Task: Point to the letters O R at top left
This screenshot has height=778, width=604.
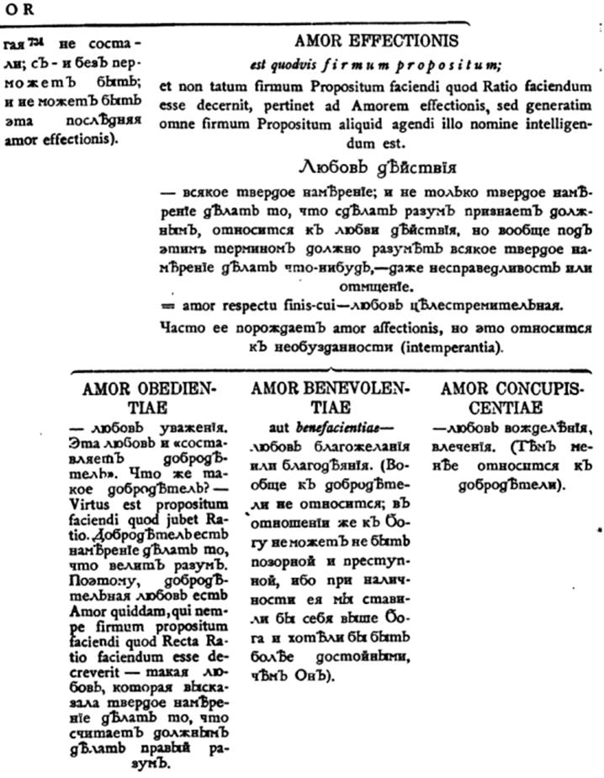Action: tap(15, 8)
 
